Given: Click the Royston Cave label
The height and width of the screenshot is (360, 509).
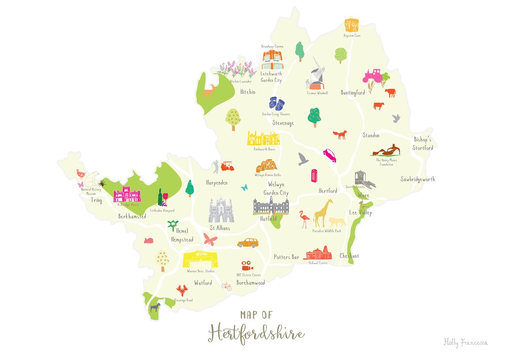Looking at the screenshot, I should click(352, 36).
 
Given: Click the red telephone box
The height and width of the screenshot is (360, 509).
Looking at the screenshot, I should click(314, 175).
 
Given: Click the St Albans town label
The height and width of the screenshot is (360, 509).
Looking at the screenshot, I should click(220, 228).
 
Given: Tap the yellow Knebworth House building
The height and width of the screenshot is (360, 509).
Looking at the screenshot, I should click(263, 138).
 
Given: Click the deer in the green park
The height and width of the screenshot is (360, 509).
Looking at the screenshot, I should click(209, 91).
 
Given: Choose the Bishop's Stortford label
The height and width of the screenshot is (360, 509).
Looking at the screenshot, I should click(423, 143).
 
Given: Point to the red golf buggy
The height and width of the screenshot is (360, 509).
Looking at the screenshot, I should click(227, 167).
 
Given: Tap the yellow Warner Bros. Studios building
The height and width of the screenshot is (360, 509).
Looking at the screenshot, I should click(200, 259).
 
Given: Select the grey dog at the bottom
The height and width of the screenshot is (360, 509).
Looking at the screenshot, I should click(155, 307).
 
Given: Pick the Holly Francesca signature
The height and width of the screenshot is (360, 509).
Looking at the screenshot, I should click(465, 343).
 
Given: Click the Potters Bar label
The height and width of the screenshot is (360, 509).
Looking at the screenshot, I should click(286, 257).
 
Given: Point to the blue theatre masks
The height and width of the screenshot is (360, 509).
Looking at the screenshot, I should click(277, 104).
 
